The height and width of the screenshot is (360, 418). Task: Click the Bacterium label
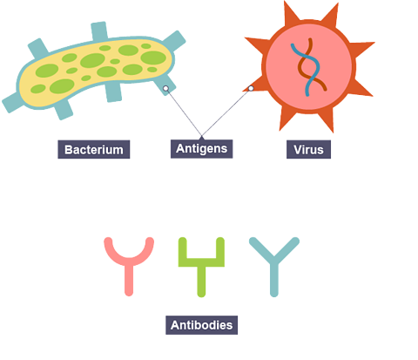coord(94,149)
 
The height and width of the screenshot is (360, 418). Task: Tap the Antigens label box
coord(201,149)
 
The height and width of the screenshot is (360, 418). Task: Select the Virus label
coord(308,149)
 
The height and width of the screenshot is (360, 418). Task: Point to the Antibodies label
coord(201,325)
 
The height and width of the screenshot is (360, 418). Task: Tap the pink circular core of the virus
coord(308,66)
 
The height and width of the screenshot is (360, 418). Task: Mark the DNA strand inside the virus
coord(309,67)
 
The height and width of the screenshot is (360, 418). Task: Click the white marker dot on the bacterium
coord(165,88)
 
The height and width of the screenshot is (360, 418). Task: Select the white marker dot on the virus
coord(251,88)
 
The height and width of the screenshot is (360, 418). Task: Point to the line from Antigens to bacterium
coord(184,112)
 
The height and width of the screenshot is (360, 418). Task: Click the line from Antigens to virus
coord(226,112)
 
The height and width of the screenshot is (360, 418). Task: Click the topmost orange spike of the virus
coord(290,11)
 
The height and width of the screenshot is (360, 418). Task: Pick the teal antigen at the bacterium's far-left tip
coord(11,103)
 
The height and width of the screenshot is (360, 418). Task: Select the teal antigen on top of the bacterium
coord(99,31)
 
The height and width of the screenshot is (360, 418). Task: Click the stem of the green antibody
coord(201,282)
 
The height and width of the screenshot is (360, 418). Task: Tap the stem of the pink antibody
coord(129,280)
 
